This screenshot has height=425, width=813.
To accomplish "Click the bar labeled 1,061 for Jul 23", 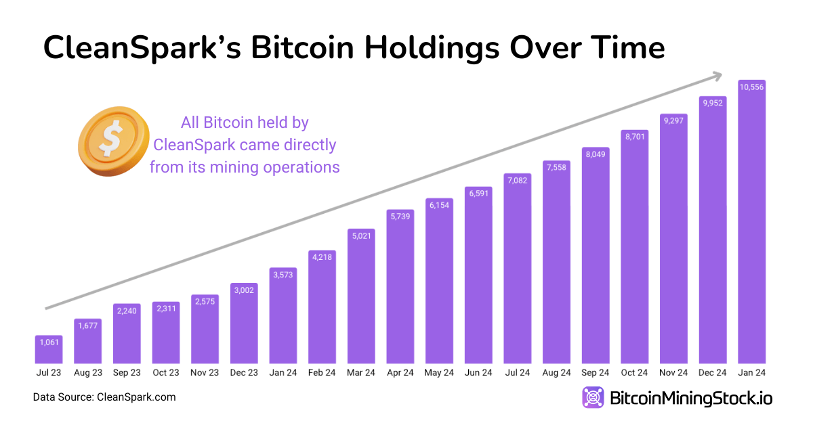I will (49, 349).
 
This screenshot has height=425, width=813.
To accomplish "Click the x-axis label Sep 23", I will (127, 373).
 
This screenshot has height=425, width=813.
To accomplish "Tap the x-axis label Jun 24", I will (478, 373).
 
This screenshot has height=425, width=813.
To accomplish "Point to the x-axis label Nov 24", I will (673, 373).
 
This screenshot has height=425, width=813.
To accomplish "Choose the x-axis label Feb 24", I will (322, 373).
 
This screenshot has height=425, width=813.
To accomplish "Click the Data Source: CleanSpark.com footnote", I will (104, 397).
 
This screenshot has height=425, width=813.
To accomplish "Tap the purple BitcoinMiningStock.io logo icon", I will (593, 397).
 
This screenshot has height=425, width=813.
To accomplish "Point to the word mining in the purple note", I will (231, 166).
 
